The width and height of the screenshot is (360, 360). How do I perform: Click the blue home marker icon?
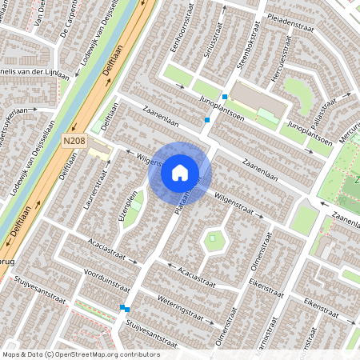tap(180, 173)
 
